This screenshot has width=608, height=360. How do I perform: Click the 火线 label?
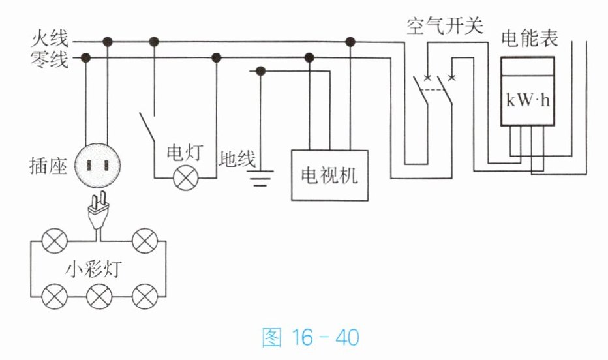click(x=50, y=38)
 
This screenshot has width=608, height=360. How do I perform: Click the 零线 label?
click(x=50, y=59)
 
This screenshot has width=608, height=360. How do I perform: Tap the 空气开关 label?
click(x=445, y=25)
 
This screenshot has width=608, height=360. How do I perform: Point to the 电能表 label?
click(x=529, y=38)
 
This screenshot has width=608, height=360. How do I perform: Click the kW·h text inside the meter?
click(x=528, y=100)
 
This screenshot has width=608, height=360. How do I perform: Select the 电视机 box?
click(x=329, y=175)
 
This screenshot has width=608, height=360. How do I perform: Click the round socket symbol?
click(x=97, y=166)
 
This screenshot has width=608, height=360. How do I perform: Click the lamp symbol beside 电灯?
click(x=186, y=178)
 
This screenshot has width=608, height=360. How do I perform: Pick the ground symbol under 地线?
click(x=260, y=177)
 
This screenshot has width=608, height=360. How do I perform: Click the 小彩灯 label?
click(x=93, y=269)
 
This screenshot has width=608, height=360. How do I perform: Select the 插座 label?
click(x=49, y=166)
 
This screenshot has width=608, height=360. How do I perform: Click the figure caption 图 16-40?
click(x=311, y=337)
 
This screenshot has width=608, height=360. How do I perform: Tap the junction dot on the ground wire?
click(x=260, y=71)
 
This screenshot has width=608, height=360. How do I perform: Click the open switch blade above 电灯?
click(x=147, y=126)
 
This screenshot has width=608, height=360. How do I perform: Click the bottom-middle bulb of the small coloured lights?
click(x=99, y=297)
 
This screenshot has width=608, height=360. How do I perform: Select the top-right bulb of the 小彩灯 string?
click(x=145, y=241)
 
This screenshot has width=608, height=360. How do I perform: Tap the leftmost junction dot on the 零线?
click(x=85, y=58)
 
